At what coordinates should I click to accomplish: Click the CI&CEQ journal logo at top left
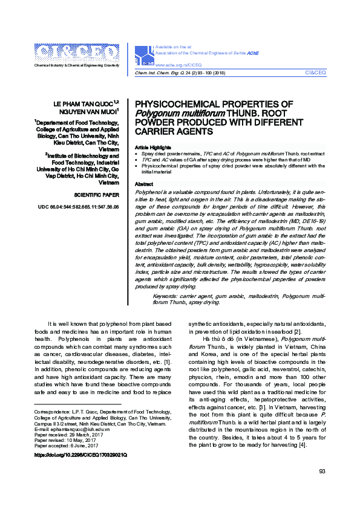(x=77, y=53)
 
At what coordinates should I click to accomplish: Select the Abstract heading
(x=144, y=184)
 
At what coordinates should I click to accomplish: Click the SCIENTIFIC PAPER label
(x=96, y=196)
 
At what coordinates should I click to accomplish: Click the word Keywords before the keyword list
(x=166, y=296)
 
